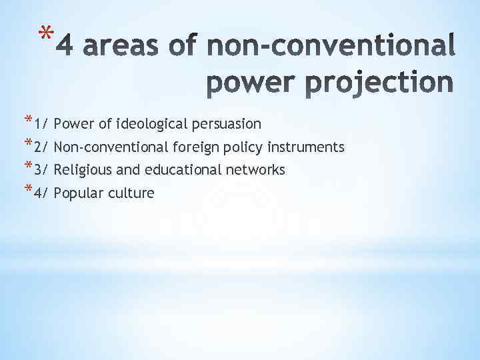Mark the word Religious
click(x=81, y=171)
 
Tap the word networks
click(x=255, y=171)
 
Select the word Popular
click(x=76, y=194)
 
